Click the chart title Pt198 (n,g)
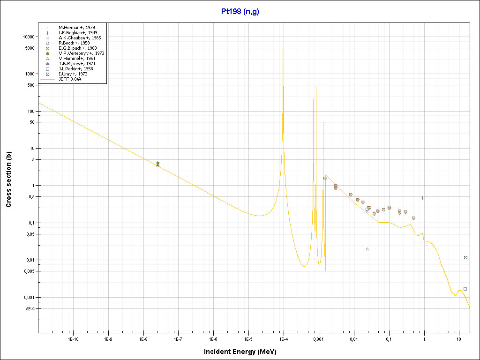click(x=240, y=11)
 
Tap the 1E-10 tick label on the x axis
click(x=73, y=338)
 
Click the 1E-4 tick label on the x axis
click(x=283, y=338)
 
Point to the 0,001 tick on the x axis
click(x=318, y=338)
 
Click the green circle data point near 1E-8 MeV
click(x=157, y=163)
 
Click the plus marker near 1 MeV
click(x=422, y=198)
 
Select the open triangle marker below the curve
click(x=367, y=249)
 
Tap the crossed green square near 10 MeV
click(x=465, y=257)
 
